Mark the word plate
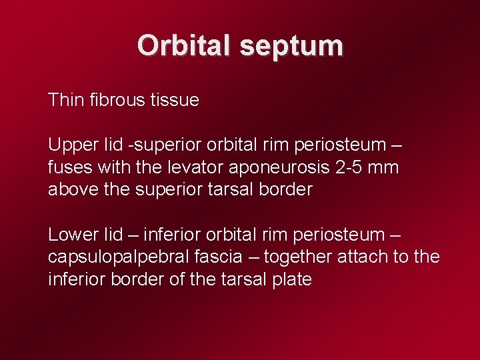(291, 279)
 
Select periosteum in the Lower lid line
(331, 235)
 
